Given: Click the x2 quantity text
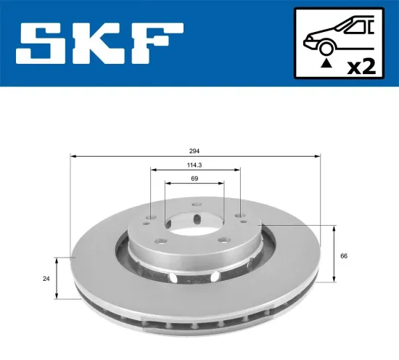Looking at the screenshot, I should [x=360, y=67].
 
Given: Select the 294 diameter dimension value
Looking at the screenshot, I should [x=194, y=150].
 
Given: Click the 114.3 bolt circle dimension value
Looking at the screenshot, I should [x=194, y=165].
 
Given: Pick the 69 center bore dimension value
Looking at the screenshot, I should [x=194, y=179].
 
